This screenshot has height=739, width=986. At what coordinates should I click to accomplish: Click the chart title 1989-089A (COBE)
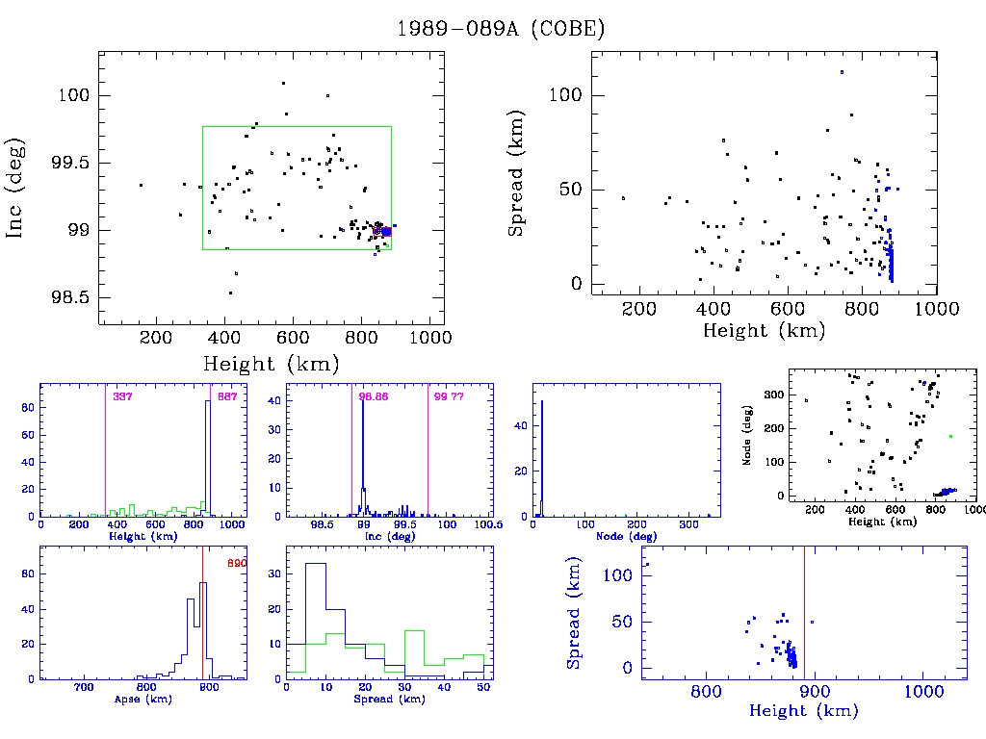[502, 29]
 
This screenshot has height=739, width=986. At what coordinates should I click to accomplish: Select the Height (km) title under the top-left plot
[271, 364]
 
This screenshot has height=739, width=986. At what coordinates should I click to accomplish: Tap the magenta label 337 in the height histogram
[122, 396]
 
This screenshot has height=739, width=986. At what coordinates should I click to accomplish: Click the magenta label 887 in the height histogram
[227, 396]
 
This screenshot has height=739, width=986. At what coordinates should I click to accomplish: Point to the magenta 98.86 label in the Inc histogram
[373, 396]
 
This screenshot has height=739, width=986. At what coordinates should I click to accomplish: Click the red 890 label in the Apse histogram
[236, 563]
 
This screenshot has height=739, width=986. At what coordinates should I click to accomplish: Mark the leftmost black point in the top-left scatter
[141, 185]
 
